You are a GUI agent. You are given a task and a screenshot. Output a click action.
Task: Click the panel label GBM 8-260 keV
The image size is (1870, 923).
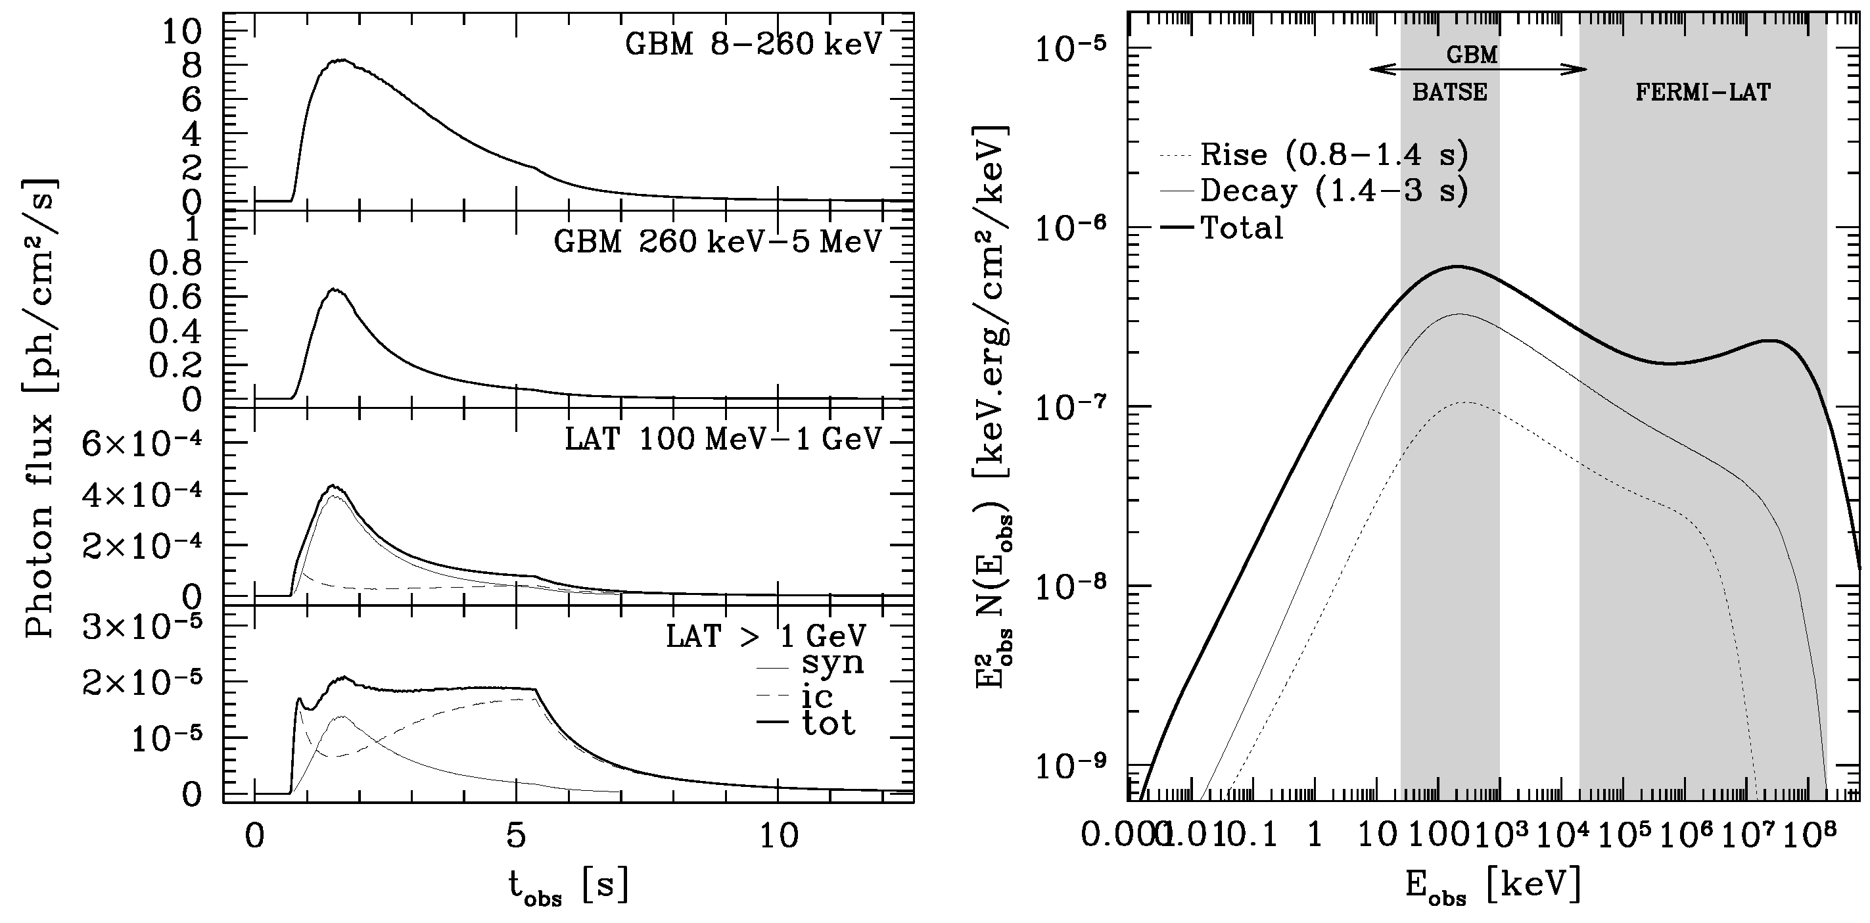753,45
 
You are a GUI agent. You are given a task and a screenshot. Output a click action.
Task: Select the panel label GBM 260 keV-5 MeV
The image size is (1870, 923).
717,243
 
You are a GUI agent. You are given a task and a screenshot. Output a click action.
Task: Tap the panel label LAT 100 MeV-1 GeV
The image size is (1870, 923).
723,439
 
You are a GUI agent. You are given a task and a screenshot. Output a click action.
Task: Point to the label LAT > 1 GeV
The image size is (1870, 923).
766,637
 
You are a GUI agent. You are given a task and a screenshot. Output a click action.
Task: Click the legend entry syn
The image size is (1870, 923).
832,663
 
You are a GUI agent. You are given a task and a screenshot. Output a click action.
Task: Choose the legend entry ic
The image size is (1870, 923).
816,697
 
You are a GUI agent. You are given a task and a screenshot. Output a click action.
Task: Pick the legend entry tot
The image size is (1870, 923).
828,723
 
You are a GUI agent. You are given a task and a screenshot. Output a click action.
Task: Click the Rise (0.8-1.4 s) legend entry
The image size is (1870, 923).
1334,154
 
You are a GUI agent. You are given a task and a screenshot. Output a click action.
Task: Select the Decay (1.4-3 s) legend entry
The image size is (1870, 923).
1334,191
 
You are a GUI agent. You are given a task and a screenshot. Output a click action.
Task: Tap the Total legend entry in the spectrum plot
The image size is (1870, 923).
1242,228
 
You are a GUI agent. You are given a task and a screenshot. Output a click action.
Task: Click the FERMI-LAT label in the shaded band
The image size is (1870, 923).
1702,93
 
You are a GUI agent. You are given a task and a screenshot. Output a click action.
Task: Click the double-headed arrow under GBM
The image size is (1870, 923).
1478,70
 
